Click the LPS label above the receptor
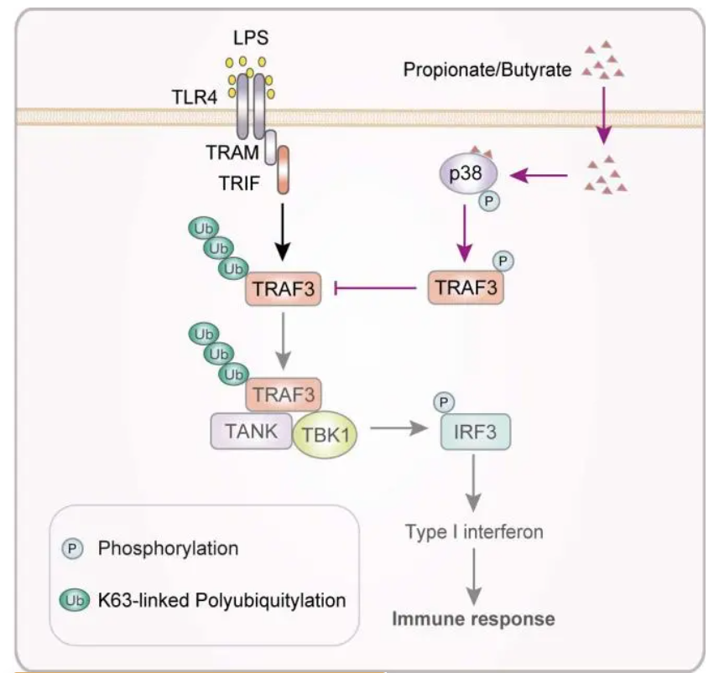pos(250,38)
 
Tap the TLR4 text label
pos(195,97)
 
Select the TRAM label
pos(232,153)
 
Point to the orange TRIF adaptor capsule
pos(283,169)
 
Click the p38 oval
pos(467,174)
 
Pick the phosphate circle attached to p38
pos(489,200)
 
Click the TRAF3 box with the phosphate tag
pos(466,287)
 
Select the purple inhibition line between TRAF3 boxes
pos(376,288)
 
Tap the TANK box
pos(252,431)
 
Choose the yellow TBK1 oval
pos(326,433)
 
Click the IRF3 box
pos(476,432)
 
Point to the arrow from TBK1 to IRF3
pos(399,429)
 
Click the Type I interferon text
pos(474,532)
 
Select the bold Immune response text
pos(474,619)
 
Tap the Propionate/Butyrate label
pos(487,70)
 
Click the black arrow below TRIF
pos(283,232)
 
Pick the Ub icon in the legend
pos(75,600)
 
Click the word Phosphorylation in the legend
pos(169,548)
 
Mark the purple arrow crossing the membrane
pos(604,116)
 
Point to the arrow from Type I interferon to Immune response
pos(474,577)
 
